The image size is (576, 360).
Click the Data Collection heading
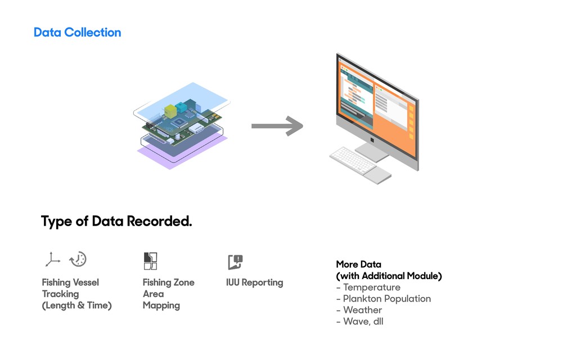77,33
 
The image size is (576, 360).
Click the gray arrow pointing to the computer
277,126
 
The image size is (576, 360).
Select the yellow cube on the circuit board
170,111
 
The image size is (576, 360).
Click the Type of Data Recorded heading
116,222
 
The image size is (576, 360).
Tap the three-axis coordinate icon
52,259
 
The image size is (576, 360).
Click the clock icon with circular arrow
78,259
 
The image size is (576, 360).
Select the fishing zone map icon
150,261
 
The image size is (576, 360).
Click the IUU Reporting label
254,282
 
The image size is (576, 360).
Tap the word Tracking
60,294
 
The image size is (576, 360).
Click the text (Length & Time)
76,305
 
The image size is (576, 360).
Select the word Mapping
161,305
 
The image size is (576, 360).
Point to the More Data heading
358,264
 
